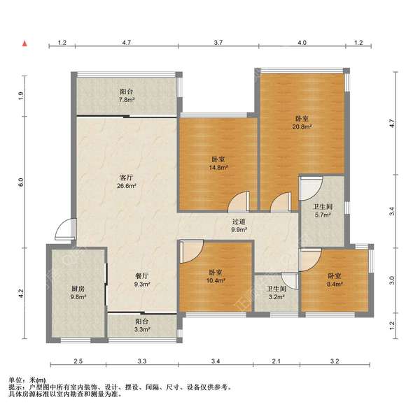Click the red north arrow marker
[x=24, y=43]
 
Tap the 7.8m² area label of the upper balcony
[x=127, y=100]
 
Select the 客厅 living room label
[x=126, y=178]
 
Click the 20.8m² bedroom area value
[x=302, y=127]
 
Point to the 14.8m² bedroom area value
[x=218, y=167]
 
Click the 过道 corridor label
[x=239, y=222]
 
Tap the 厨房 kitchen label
[x=78, y=289]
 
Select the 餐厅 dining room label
[x=141, y=275]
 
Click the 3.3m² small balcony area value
[x=142, y=329]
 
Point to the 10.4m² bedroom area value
[x=216, y=280]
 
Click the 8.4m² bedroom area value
[x=335, y=284]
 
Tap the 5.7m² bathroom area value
[x=323, y=215]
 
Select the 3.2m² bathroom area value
[x=276, y=297]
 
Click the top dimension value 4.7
[x=127, y=42]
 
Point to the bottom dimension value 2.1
[x=276, y=361]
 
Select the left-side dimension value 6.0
[x=21, y=182]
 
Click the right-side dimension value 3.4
[x=392, y=211]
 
